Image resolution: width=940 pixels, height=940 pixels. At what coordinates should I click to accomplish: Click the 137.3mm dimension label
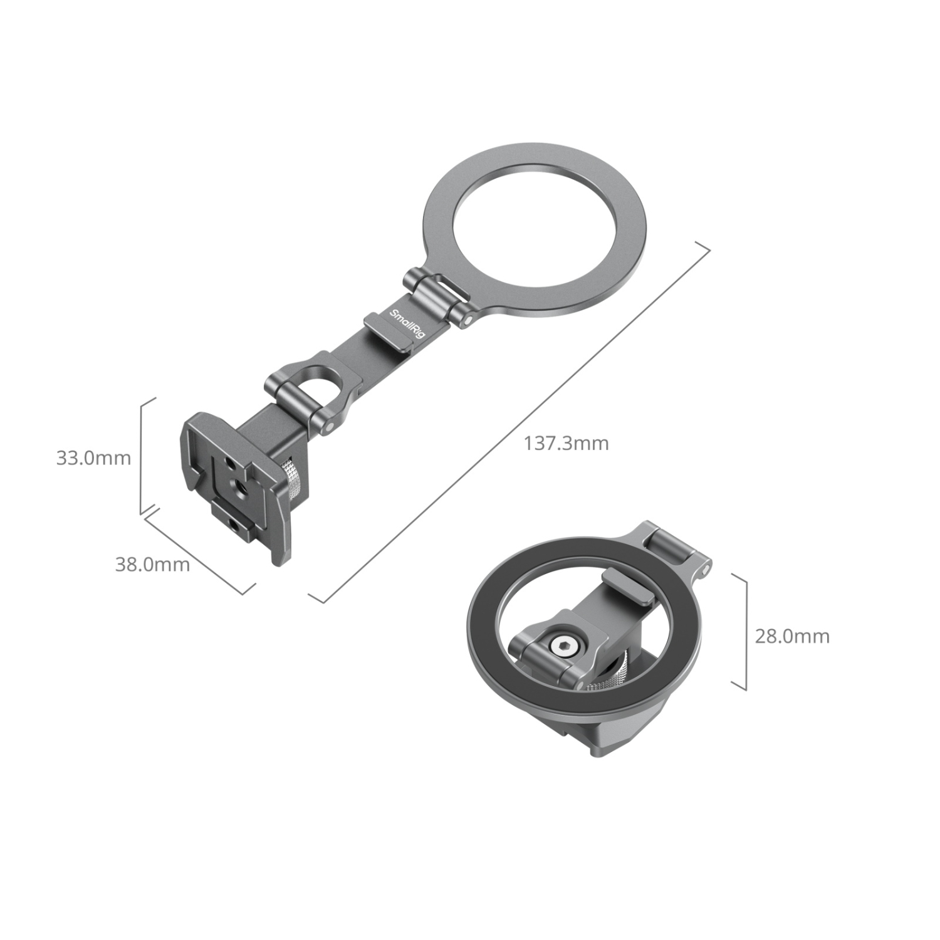pos(566,443)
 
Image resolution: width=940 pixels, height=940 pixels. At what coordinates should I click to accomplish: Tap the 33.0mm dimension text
pos(93,457)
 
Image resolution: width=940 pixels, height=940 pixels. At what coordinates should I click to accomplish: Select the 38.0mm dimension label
pos(152,564)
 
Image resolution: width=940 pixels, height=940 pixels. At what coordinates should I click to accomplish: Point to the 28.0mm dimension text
pos(791,636)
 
